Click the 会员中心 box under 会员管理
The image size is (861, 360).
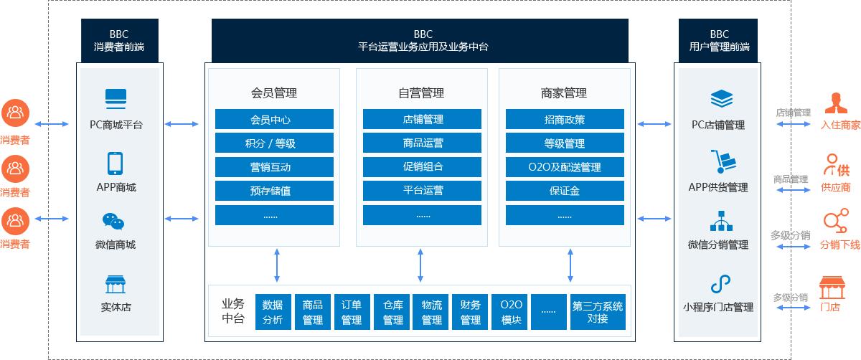pyautogui.click(x=274, y=119)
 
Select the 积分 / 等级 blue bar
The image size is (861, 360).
pyautogui.click(x=274, y=143)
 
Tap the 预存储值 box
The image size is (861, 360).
pyautogui.click(x=274, y=191)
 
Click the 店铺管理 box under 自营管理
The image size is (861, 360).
pyautogui.click(x=423, y=119)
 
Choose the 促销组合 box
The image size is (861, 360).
pyautogui.click(x=423, y=167)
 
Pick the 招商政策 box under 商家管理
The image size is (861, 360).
pyautogui.click(x=564, y=119)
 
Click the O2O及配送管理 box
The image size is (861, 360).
pyautogui.click(x=564, y=167)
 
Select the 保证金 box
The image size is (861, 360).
pyautogui.click(x=564, y=191)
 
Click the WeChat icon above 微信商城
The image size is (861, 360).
pyautogui.click(x=113, y=222)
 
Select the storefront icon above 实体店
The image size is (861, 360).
pyautogui.click(x=115, y=284)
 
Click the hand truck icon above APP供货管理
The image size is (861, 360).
pyautogui.click(x=720, y=162)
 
